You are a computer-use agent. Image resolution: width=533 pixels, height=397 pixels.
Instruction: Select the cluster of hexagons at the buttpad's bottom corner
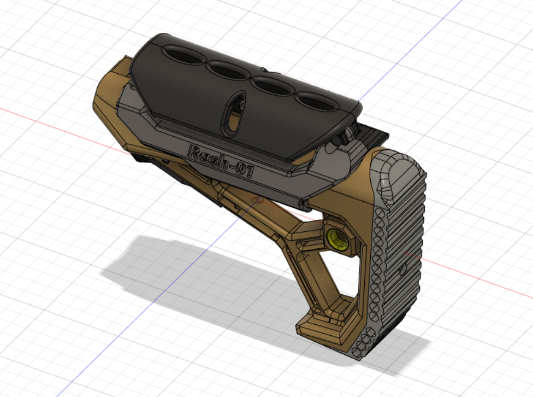[x=363, y=345]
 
